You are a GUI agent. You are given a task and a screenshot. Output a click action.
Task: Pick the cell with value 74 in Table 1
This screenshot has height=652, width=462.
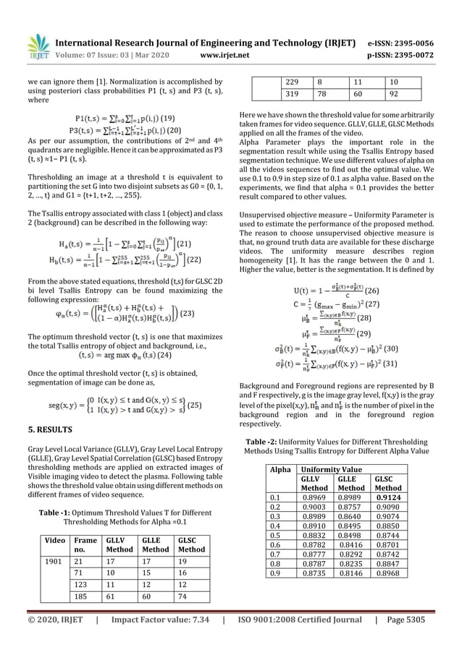click(181, 596)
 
